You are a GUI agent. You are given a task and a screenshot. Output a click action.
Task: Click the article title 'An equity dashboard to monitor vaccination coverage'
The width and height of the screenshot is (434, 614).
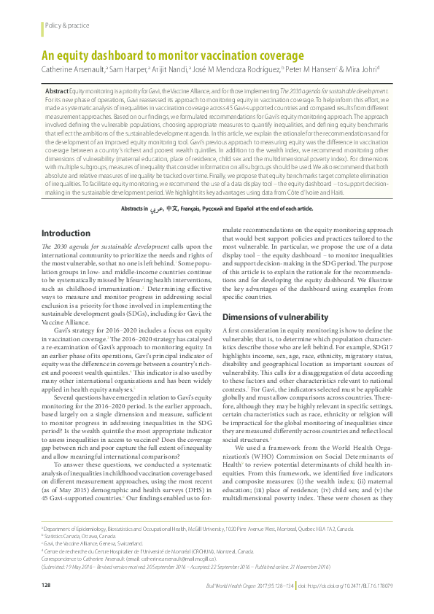click(171, 55)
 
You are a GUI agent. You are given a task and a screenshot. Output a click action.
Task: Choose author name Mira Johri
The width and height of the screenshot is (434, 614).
click(360, 70)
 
